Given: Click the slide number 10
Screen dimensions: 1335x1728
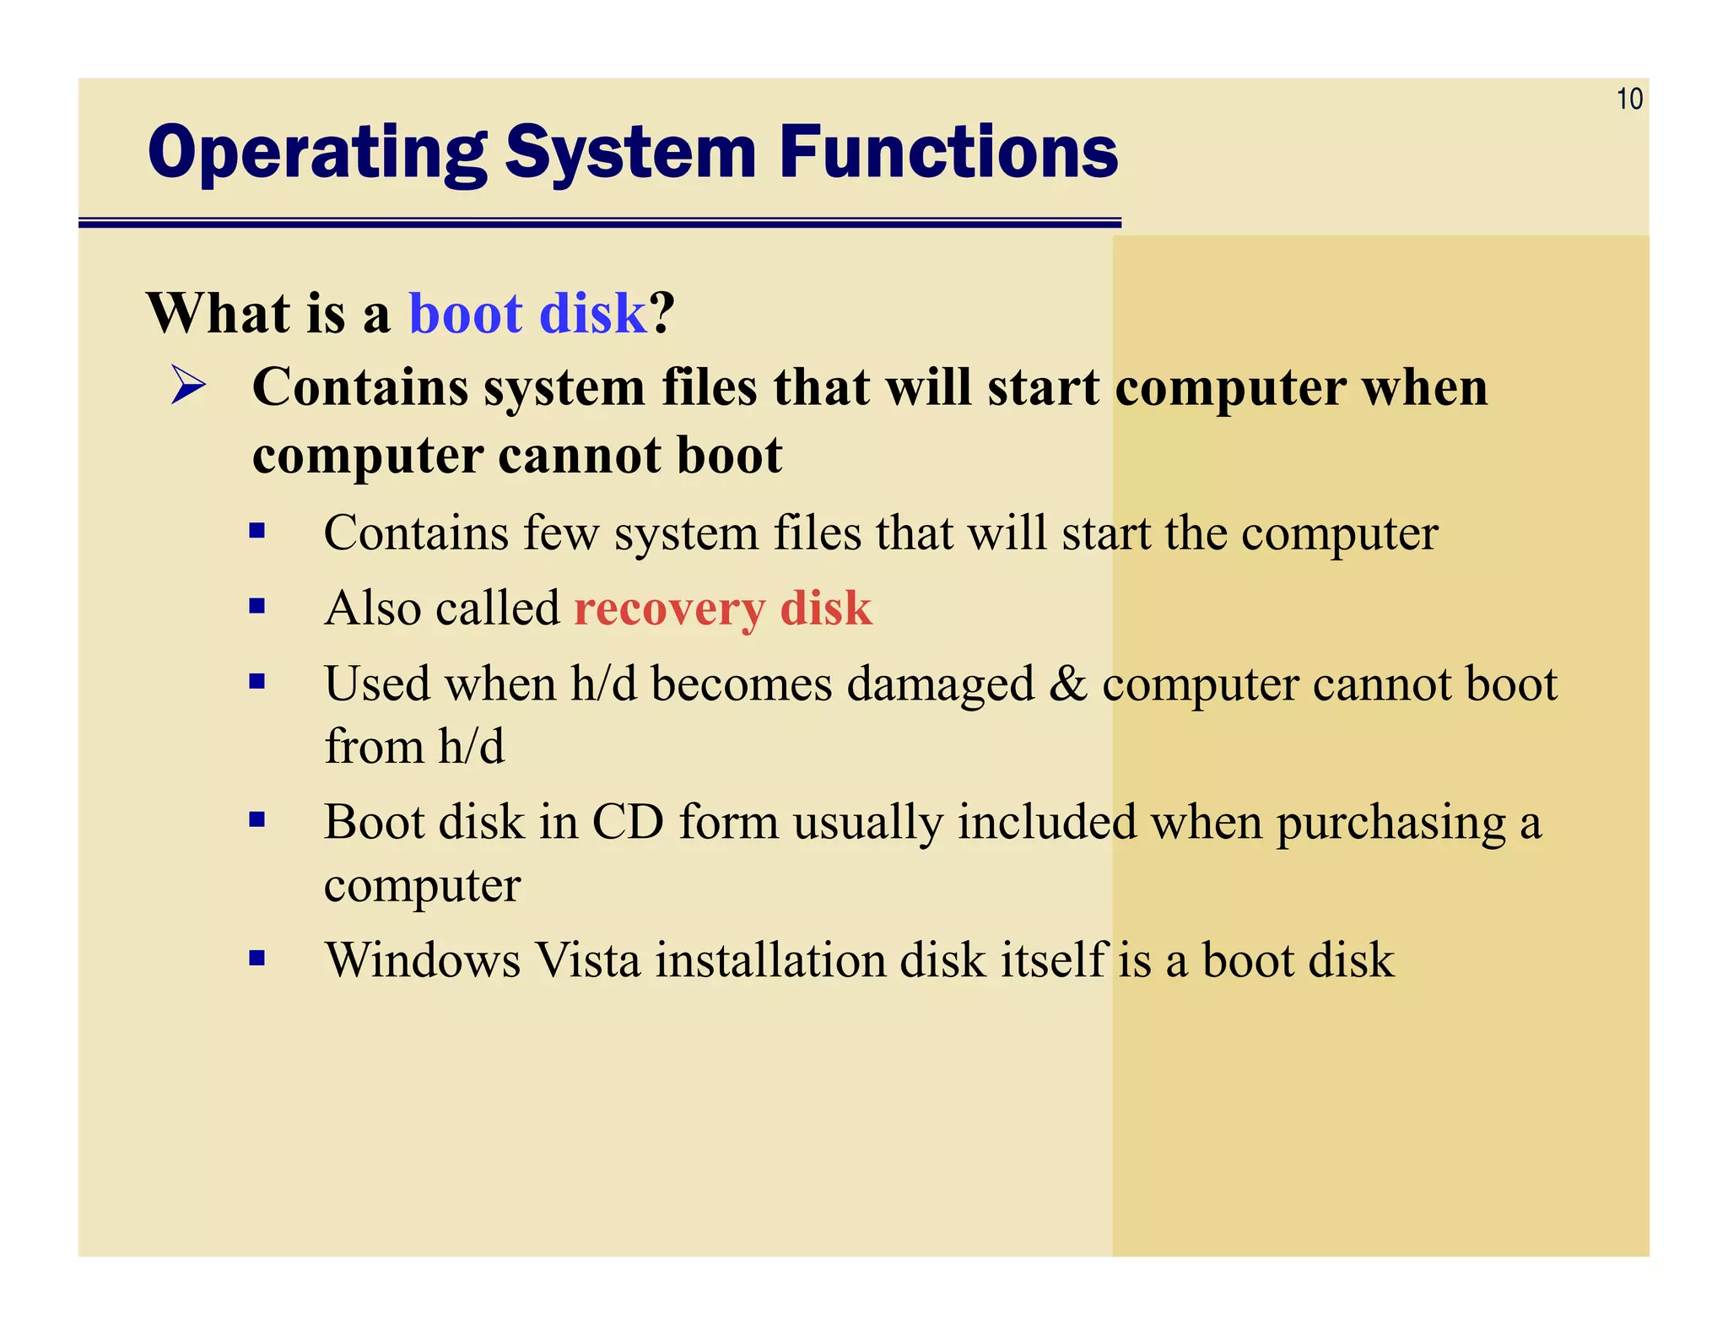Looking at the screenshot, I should click(1628, 100).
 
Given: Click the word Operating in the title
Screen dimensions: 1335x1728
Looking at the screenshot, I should click(317, 153).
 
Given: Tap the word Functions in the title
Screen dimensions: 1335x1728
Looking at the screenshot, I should click(948, 153).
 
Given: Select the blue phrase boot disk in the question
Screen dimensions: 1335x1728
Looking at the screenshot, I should click(527, 313).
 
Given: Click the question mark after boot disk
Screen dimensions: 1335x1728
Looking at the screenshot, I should click(662, 313).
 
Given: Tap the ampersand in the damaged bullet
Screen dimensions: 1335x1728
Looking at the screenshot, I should click(1068, 684).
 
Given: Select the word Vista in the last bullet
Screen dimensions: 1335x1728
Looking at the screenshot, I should click(588, 960).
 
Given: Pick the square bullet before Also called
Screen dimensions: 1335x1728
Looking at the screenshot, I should click(257, 606).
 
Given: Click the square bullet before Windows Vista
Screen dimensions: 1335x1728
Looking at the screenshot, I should click(257, 958).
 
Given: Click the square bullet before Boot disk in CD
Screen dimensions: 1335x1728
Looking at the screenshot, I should click(257, 819).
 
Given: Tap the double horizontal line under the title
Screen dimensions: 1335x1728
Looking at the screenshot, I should click(599, 223).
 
